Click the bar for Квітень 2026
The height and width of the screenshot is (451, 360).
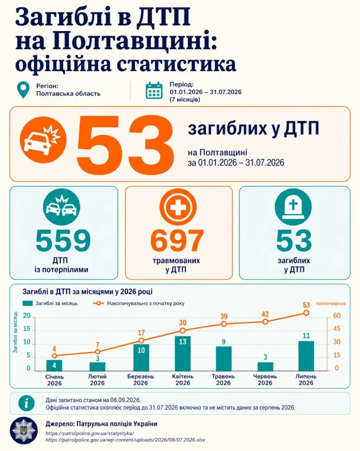click(x=183, y=353)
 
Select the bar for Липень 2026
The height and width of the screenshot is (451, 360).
click(x=306, y=356)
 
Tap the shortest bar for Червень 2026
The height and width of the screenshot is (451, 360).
click(x=265, y=366)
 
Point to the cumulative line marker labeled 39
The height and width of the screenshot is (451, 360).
click(x=224, y=324)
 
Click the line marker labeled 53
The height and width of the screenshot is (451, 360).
click(x=306, y=313)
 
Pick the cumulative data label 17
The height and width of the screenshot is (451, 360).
click(x=141, y=333)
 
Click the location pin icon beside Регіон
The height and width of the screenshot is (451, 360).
click(x=23, y=90)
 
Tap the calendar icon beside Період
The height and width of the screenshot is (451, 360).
click(x=154, y=90)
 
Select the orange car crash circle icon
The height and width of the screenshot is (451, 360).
click(x=43, y=140)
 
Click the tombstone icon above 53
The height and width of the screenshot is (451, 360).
click(x=293, y=207)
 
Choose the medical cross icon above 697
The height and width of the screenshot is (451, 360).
click(x=178, y=207)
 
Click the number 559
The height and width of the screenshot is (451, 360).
click(x=63, y=240)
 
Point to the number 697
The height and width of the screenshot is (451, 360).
click(x=177, y=240)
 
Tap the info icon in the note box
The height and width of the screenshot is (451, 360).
click(x=26, y=403)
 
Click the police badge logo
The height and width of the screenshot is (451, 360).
click(x=24, y=431)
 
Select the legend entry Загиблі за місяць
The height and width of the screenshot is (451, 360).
click(x=50, y=303)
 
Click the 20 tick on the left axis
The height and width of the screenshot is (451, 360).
click(x=27, y=315)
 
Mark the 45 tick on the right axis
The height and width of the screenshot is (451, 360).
click(x=337, y=329)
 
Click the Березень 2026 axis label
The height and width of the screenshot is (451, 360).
click(x=141, y=380)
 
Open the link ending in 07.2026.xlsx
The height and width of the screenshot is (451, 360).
click(x=125, y=440)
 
